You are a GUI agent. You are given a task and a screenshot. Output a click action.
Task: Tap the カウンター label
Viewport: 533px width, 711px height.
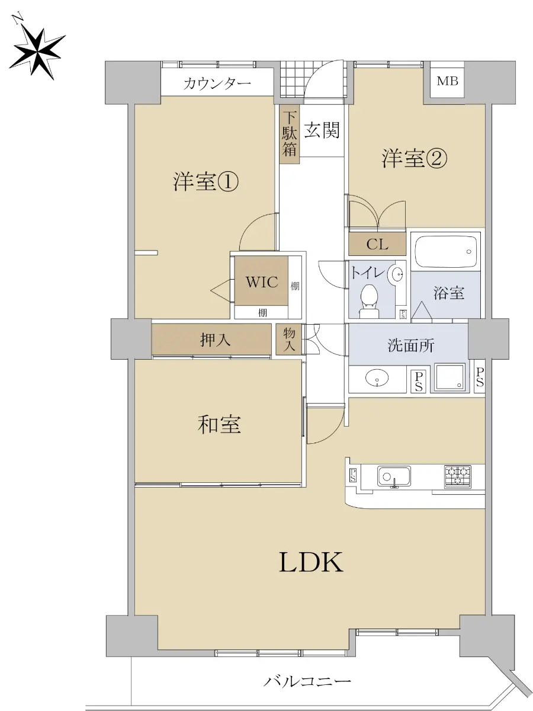click(217, 84)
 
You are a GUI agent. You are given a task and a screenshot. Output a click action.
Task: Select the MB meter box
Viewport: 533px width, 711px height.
click(447, 81)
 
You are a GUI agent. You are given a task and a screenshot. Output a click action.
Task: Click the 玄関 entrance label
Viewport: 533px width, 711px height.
click(322, 130)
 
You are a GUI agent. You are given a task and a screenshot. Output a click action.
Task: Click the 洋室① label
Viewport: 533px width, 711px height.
click(206, 182)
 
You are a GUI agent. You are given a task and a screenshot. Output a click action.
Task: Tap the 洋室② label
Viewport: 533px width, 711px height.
click(415, 159)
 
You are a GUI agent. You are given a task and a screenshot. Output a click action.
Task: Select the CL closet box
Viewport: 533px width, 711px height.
click(377, 244)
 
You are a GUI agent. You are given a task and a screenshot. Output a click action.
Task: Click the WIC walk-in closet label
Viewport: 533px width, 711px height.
click(262, 281)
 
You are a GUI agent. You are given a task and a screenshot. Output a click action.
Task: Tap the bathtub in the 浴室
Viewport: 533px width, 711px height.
click(445, 251)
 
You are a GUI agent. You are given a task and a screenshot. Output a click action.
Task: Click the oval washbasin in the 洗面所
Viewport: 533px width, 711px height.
click(377, 377)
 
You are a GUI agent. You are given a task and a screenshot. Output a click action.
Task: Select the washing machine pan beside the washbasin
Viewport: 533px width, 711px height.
click(449, 378)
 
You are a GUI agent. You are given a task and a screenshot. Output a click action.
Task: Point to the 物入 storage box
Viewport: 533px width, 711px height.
click(289, 339)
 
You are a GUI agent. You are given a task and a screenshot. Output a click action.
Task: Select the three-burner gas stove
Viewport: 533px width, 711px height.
click(458, 476)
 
